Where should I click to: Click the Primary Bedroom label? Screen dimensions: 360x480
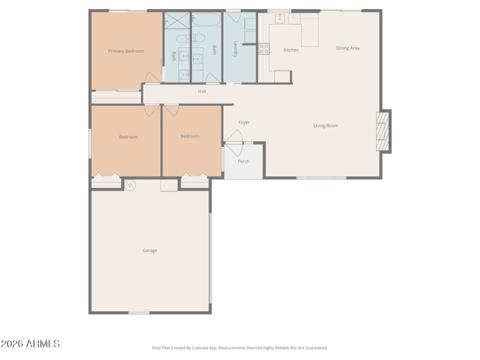126,51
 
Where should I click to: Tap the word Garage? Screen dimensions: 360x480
149,250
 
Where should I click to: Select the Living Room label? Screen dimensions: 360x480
326,126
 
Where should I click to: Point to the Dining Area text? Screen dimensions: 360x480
347,48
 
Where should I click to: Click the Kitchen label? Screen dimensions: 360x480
291,50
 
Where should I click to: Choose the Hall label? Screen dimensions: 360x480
202,91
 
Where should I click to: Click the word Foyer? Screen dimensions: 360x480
244,122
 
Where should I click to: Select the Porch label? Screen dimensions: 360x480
244,161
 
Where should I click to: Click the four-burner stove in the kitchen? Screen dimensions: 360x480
264,49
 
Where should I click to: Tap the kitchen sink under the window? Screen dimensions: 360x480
280,18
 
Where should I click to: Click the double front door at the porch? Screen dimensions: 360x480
234,144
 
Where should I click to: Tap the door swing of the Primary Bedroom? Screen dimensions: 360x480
153,78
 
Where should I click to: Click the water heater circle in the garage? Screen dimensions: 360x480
130,184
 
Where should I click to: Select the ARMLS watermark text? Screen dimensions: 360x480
30,344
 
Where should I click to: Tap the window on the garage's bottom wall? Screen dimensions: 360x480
139,312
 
